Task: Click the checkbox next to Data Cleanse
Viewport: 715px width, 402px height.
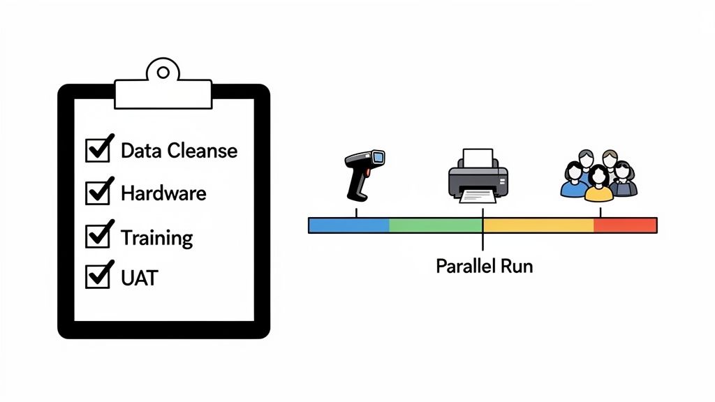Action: tap(97, 150)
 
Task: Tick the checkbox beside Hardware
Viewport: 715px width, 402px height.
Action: tap(97, 193)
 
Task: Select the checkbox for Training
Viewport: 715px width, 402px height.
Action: tap(97, 236)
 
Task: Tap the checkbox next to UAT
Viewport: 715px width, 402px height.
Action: tap(97, 276)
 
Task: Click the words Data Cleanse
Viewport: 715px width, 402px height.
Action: tap(179, 151)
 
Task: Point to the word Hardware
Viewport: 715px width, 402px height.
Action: tap(163, 193)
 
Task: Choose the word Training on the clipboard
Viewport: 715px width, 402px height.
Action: tap(156, 237)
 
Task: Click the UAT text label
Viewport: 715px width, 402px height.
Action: tap(139, 278)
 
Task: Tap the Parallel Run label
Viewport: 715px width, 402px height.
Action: tap(484, 266)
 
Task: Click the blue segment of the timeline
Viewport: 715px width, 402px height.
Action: tap(348, 225)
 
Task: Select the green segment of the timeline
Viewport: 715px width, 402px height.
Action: tap(435, 225)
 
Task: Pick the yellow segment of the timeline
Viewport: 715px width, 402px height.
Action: tap(538, 225)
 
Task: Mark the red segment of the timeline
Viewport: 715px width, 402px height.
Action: tap(625, 225)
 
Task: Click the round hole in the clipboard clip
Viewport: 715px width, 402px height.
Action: tap(163, 71)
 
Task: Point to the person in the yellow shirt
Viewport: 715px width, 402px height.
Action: tap(598, 186)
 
